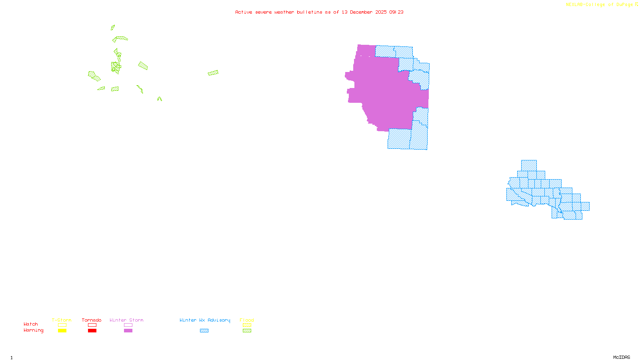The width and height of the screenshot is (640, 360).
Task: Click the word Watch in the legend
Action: (x=31, y=324)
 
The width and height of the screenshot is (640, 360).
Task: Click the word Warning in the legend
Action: (x=33, y=330)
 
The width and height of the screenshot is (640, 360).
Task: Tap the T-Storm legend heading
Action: (x=62, y=320)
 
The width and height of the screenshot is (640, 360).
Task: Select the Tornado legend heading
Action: (x=92, y=320)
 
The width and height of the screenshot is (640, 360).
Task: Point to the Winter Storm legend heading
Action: (x=126, y=320)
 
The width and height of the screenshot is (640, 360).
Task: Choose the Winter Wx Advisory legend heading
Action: (x=205, y=320)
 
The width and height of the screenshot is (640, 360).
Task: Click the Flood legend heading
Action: (x=247, y=320)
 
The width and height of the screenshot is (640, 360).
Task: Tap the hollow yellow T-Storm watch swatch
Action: (x=62, y=325)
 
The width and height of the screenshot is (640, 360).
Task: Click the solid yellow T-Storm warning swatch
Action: (x=62, y=331)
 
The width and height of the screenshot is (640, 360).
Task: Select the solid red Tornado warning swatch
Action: (x=92, y=331)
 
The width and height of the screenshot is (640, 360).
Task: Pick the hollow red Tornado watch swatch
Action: (x=92, y=325)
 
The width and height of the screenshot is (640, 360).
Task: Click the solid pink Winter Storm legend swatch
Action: (x=128, y=331)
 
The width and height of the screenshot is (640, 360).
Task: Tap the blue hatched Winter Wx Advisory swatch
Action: (x=204, y=331)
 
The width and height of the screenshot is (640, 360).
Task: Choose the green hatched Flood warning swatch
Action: (x=247, y=331)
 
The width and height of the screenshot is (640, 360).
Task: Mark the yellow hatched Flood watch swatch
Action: (x=247, y=325)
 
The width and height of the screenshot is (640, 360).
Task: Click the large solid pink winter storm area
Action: (x=384, y=92)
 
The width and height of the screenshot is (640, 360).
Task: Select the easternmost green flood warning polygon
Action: (x=213, y=73)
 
